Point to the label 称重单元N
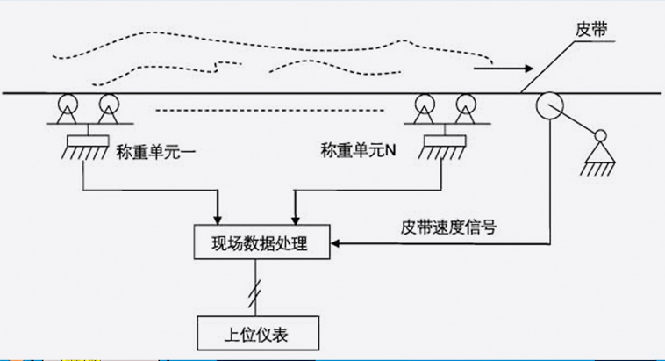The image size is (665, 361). pyautogui.click(x=359, y=152)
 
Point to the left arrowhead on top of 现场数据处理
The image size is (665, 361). pyautogui.click(x=217, y=219)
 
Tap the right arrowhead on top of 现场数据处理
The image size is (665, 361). pyautogui.click(x=295, y=219)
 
